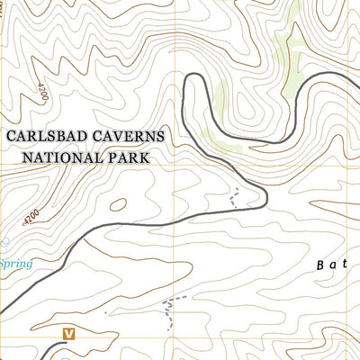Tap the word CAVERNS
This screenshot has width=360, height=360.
pyautogui.click(x=136, y=137)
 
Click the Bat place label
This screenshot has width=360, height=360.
pyautogui.click(x=333, y=265)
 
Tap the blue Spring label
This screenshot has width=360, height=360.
pyautogui.click(x=15, y=265)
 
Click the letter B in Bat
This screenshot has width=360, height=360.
pyautogui.click(x=322, y=265)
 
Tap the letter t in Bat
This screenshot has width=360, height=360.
pyautogui.click(x=345, y=265)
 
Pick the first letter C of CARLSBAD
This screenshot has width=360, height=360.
pyautogui.click(x=11, y=137)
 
